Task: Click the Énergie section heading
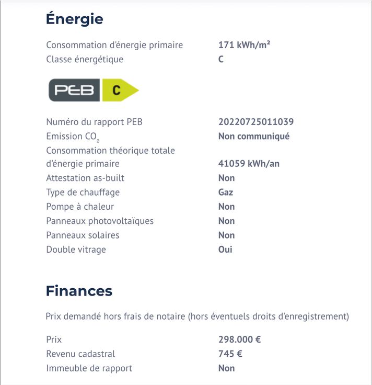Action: (x=74, y=19)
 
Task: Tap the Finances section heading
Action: (x=79, y=291)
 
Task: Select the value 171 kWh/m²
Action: (x=244, y=45)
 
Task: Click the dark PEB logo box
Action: (x=74, y=90)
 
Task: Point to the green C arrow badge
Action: (x=119, y=90)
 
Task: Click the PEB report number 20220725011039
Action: (x=255, y=122)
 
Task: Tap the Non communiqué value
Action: (x=253, y=136)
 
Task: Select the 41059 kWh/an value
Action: (x=249, y=164)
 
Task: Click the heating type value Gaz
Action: (x=226, y=192)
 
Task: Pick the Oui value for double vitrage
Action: (x=225, y=250)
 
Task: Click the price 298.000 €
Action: (x=239, y=339)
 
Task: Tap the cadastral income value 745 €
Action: (x=230, y=354)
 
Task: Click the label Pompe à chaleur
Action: (x=80, y=207)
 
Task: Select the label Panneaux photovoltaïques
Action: (x=100, y=221)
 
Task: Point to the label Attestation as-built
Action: (x=85, y=178)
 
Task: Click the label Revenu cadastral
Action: (x=80, y=354)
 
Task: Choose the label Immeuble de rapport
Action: (x=89, y=368)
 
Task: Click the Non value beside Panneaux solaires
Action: (x=226, y=235)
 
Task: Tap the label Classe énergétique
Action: (x=85, y=59)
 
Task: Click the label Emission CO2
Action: (x=72, y=137)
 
